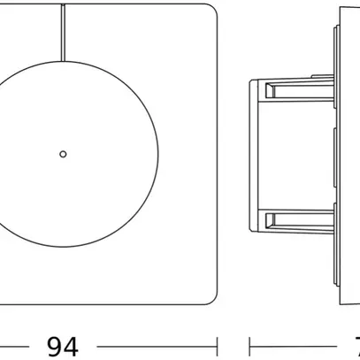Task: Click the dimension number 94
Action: point(62,346)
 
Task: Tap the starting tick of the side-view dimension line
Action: point(250,346)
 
